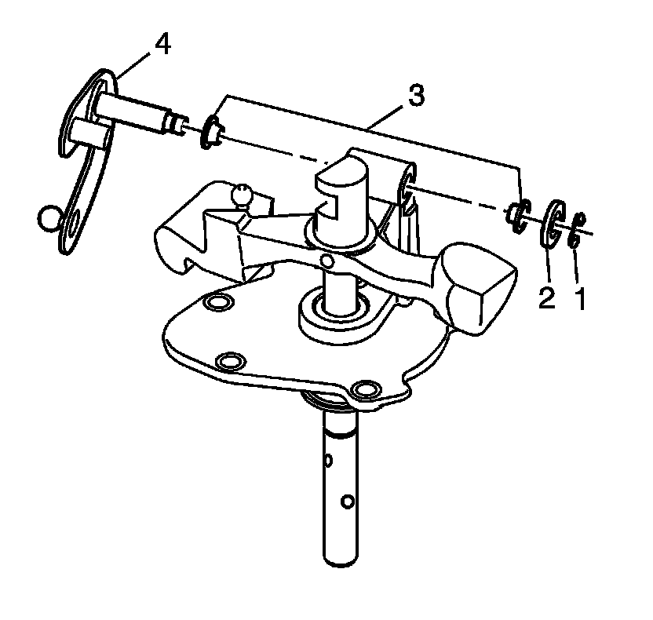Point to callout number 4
[x=162, y=45]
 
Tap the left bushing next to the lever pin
[x=210, y=131]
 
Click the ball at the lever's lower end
[x=49, y=217]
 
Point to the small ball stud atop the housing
[x=243, y=192]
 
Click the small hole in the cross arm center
[x=325, y=261]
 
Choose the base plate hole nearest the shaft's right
[x=365, y=389]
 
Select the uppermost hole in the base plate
[x=216, y=304]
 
